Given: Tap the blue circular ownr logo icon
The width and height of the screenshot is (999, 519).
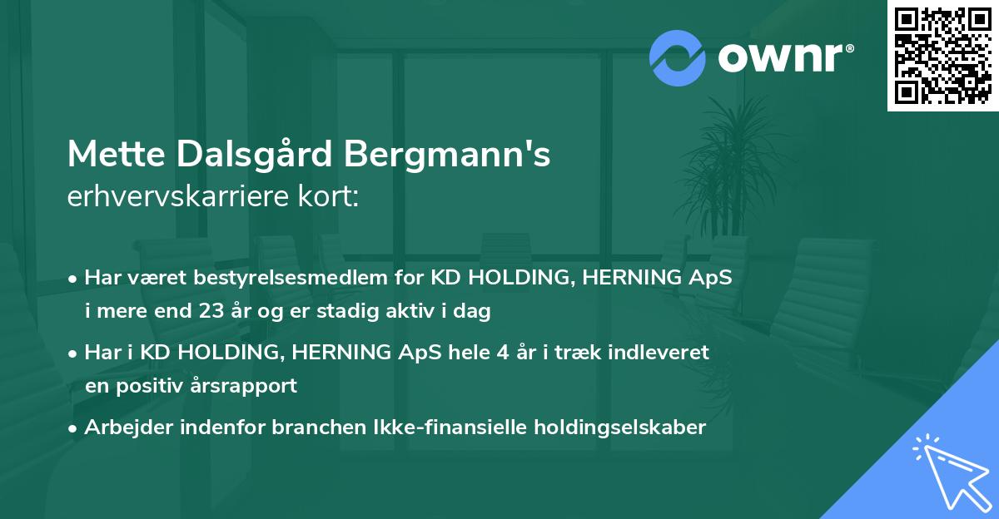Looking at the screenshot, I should (678, 57).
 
